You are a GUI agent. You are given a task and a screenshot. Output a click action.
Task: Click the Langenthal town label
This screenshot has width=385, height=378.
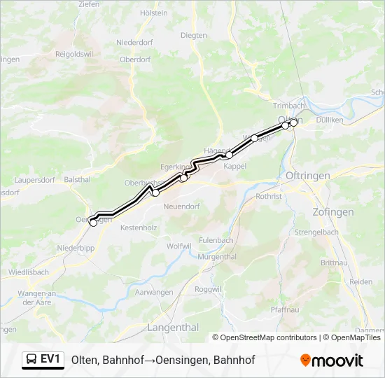[173, 328]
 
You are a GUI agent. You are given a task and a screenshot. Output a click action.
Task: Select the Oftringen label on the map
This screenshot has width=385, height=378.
[308, 176]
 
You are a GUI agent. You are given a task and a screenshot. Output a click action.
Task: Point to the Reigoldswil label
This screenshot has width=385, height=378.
[80, 53]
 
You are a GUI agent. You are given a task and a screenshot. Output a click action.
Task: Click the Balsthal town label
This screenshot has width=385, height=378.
[77, 180]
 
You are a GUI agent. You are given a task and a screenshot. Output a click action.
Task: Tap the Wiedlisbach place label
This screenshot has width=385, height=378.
[29, 272]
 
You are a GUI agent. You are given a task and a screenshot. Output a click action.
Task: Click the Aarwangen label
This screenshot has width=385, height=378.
[153, 291]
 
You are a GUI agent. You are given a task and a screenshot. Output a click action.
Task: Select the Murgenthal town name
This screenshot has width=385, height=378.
[218, 257]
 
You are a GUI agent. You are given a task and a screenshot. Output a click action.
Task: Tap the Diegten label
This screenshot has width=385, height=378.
[194, 35]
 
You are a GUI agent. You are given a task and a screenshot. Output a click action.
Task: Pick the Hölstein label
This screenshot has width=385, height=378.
[154, 13]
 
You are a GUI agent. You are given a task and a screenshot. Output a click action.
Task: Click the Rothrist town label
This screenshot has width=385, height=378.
[269, 197]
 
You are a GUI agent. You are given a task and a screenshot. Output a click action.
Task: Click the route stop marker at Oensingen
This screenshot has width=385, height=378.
[93, 223]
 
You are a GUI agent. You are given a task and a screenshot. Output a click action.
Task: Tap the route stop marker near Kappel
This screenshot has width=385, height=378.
[229, 155]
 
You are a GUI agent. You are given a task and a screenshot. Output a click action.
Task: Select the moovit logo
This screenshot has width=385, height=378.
[332, 360]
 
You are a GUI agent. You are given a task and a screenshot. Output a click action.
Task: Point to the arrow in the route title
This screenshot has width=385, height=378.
[150, 360]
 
